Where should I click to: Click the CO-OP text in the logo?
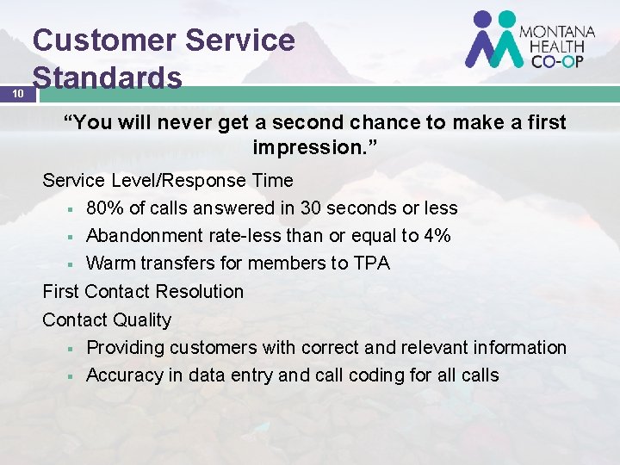551,60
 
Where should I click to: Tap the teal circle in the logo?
507,19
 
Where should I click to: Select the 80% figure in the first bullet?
105,208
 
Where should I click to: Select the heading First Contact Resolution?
143,292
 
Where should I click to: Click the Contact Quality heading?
107,319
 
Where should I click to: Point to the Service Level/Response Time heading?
168,181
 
